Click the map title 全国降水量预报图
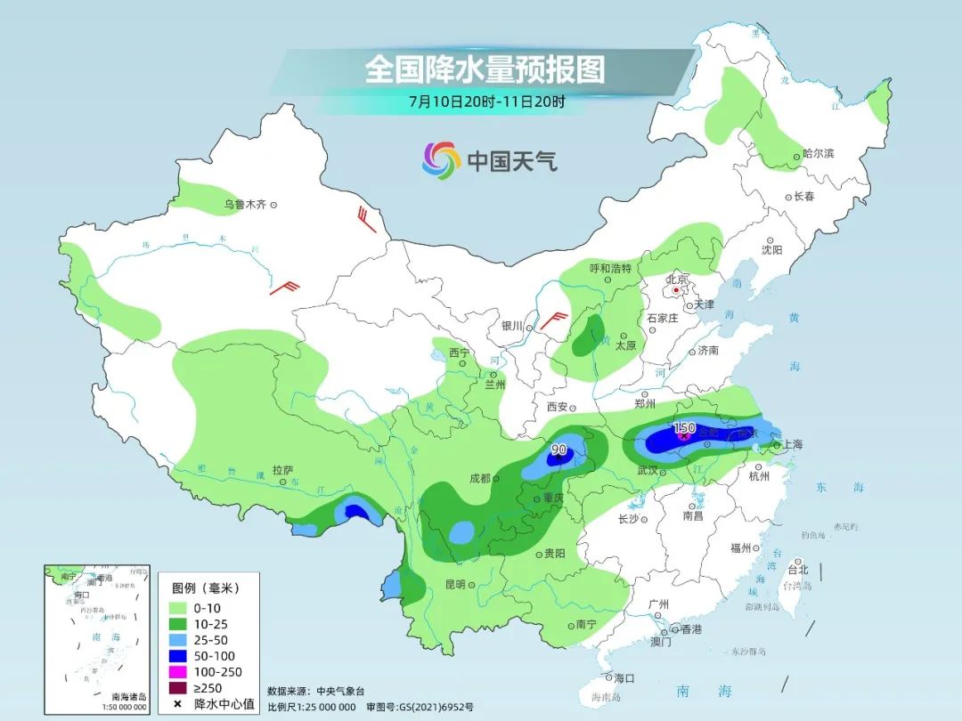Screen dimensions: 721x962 pyautogui.click(x=485, y=69)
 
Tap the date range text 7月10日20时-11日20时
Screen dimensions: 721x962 pyautogui.click(x=486, y=101)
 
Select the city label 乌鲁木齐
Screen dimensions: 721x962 pyautogui.click(x=245, y=205)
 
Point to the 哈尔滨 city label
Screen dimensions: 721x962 pyautogui.click(x=818, y=154)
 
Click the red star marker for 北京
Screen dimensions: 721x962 pyautogui.click(x=677, y=290)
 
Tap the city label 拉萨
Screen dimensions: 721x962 pyautogui.click(x=282, y=470)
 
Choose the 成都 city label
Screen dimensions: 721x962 pyautogui.click(x=479, y=478)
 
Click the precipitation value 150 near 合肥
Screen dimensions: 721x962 pyautogui.click(x=684, y=428)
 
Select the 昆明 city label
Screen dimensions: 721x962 pyautogui.click(x=455, y=585)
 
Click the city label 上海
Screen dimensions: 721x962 pyautogui.click(x=792, y=444)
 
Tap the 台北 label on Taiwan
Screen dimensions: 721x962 pyautogui.click(x=798, y=570)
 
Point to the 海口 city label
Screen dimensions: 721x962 pyautogui.click(x=624, y=678)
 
